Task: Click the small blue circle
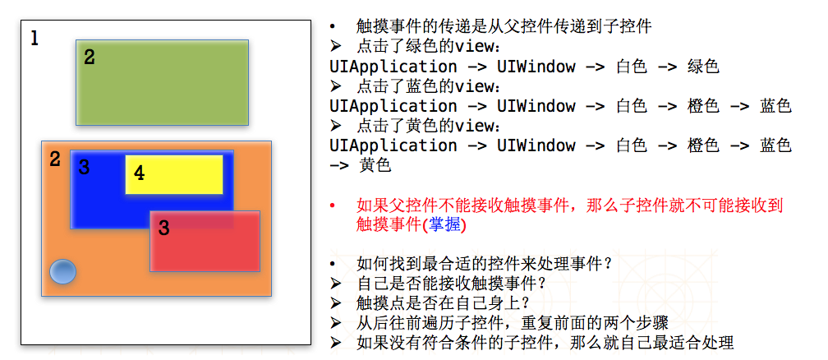point(62,271)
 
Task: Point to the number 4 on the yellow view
point(139,173)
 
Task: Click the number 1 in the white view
point(34,38)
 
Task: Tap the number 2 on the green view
point(89,57)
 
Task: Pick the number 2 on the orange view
point(54,159)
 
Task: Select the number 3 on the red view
point(163,228)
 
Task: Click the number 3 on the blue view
point(83,168)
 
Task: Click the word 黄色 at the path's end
point(375,165)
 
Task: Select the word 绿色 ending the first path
point(703,67)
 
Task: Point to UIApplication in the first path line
point(393,67)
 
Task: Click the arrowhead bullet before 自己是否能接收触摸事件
point(334,284)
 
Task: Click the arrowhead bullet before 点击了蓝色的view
point(334,86)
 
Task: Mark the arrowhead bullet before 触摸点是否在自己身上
point(334,303)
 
